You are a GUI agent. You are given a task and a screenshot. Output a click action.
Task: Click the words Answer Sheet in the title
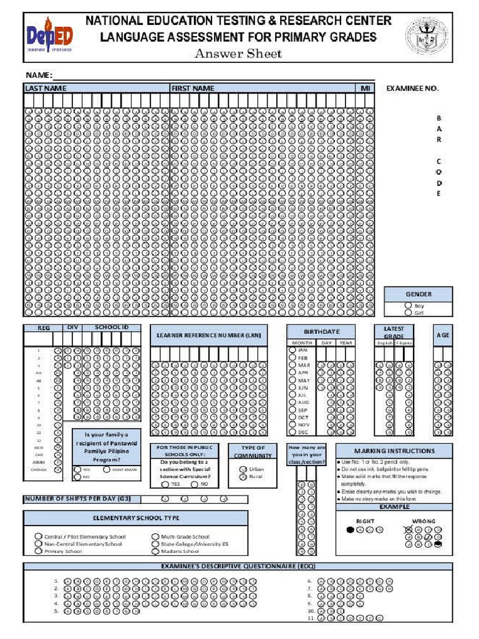pyautogui.click(x=238, y=53)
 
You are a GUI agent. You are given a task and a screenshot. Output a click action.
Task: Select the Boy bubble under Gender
pyautogui.click(x=409, y=306)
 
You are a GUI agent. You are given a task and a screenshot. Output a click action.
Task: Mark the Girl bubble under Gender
pyautogui.click(x=409, y=313)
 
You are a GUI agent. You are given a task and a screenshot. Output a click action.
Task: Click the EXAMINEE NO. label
pyautogui.click(x=412, y=89)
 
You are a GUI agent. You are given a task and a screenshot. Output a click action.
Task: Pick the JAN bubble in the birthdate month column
pyautogui.click(x=293, y=350)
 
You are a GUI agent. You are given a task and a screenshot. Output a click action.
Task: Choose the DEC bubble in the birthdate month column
pyautogui.click(x=293, y=432)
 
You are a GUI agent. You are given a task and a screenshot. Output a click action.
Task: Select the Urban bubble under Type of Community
pyautogui.click(x=243, y=469)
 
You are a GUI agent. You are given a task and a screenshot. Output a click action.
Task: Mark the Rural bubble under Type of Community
pyautogui.click(x=243, y=477)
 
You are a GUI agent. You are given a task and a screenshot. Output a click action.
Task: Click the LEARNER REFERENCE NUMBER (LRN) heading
pyautogui.click(x=213, y=336)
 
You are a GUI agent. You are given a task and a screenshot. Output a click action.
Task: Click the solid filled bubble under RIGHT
pyautogui.click(x=350, y=530)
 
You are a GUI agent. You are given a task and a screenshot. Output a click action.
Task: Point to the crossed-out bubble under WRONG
pyautogui.click(x=409, y=530)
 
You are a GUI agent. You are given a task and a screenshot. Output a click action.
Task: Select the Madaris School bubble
pyautogui.click(x=155, y=551)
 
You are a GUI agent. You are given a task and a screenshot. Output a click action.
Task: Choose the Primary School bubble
pyautogui.click(x=39, y=551)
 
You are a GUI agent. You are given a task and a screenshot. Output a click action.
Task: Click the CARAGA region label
pyautogui.click(x=39, y=470)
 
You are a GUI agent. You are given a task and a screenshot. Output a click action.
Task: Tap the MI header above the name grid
pyautogui.click(x=365, y=89)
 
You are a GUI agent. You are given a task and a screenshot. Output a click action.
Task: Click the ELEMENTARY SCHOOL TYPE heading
pyautogui.click(x=136, y=518)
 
